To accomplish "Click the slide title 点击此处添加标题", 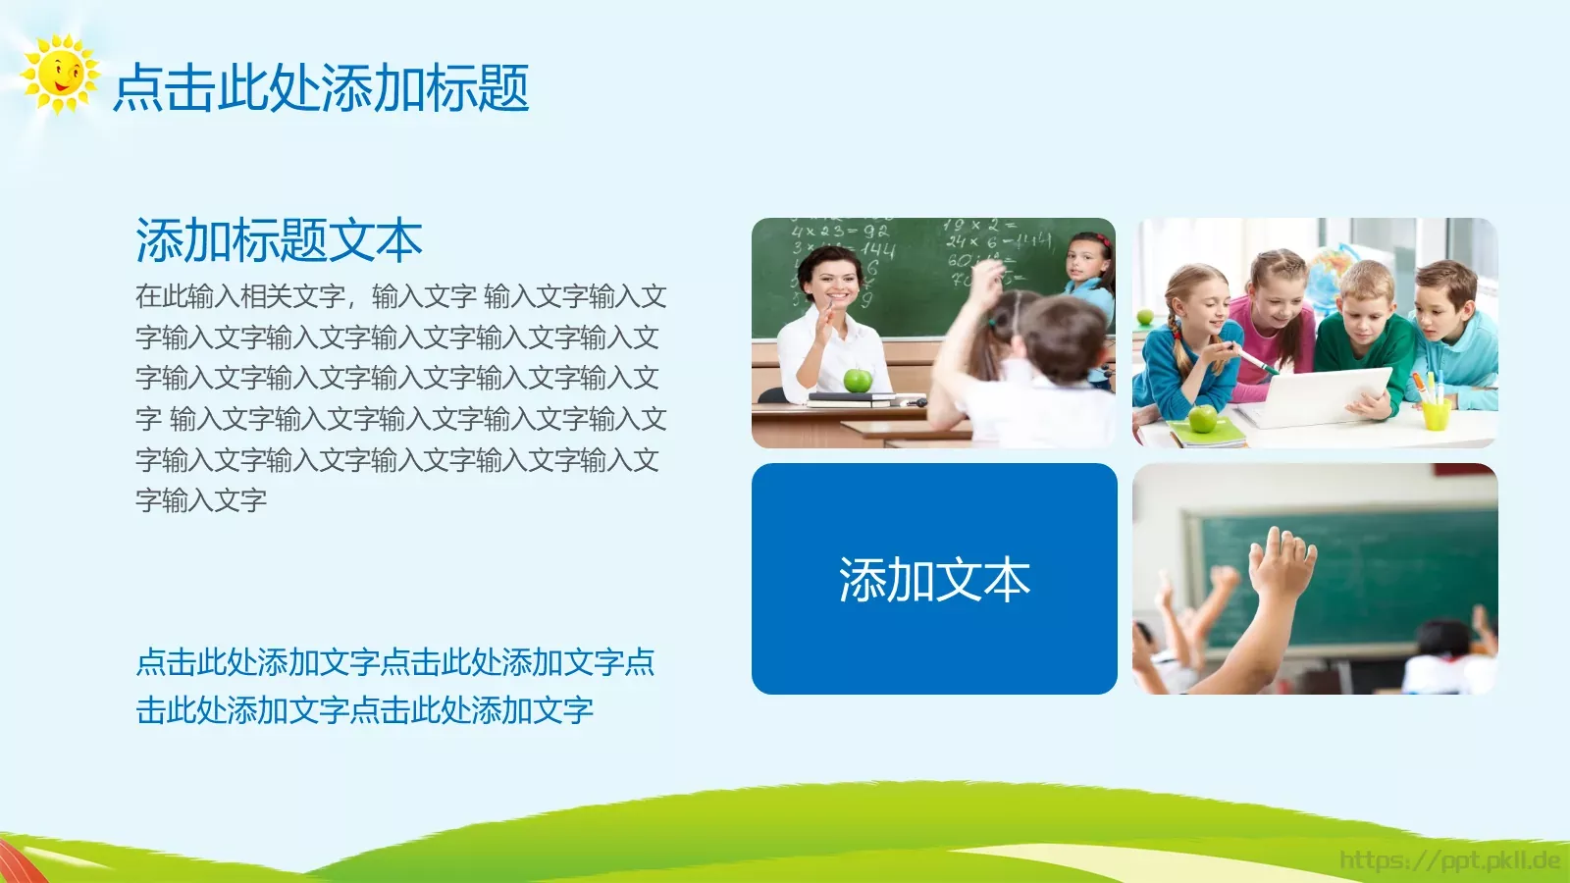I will point(321,88).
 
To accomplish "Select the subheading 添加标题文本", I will point(279,241).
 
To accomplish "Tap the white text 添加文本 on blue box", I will point(934,580).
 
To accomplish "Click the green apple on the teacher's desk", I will point(858,381).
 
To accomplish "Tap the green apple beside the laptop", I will point(1203,419).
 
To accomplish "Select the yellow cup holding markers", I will point(1436,413).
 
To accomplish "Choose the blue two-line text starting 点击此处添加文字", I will point(394,686).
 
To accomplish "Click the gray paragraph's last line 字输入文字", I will point(201,500).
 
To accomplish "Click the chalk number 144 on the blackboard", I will point(876,251).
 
